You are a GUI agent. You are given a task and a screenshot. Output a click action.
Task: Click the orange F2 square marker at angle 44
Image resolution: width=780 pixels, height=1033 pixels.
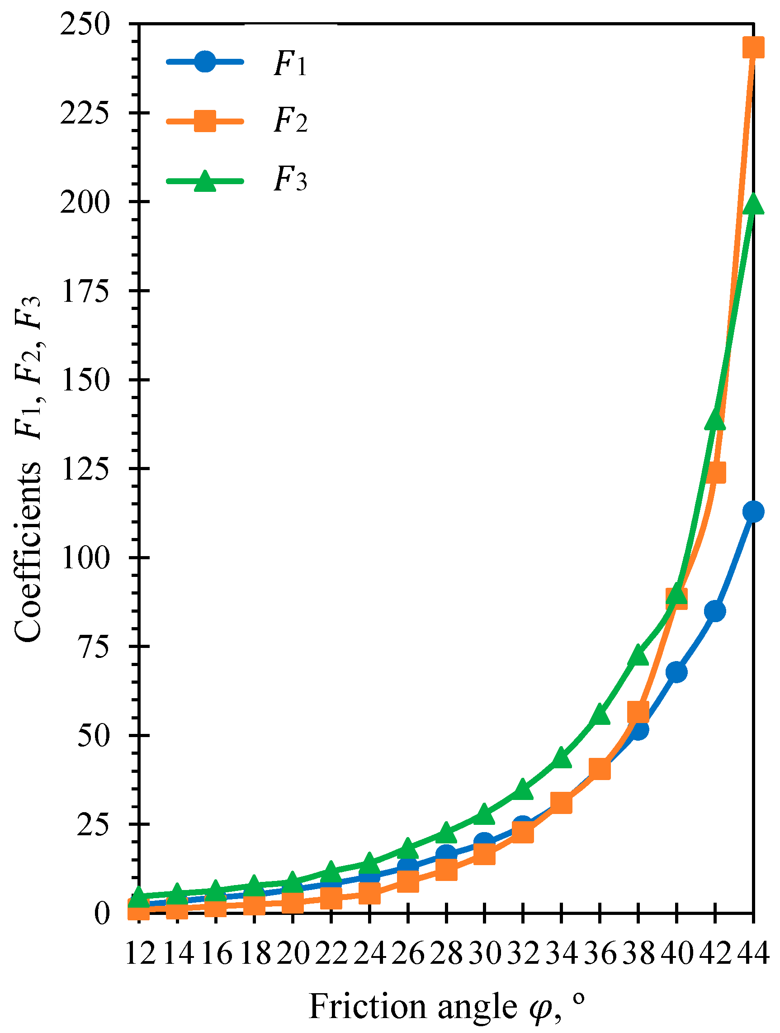tap(752, 48)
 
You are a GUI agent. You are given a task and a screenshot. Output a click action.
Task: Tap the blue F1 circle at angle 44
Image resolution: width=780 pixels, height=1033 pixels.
tap(752, 511)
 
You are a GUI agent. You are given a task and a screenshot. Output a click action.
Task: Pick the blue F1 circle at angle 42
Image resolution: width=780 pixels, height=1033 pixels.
tap(714, 611)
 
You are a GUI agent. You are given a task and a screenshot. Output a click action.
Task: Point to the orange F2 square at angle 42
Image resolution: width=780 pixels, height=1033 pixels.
tap(714, 472)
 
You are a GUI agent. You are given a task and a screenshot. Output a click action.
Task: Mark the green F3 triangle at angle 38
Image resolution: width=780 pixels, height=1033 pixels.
tap(638, 656)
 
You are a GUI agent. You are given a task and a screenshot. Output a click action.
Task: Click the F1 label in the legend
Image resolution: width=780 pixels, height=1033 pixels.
tap(290, 64)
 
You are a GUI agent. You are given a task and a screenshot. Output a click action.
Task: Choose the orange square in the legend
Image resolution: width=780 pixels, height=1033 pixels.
tap(204, 121)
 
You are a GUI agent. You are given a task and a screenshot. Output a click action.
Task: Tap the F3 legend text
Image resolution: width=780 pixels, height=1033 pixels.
tap(290, 180)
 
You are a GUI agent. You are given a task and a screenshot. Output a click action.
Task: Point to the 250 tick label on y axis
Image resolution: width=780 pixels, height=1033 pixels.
tap(85, 24)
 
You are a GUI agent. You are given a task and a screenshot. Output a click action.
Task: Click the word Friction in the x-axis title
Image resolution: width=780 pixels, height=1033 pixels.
tap(367, 1006)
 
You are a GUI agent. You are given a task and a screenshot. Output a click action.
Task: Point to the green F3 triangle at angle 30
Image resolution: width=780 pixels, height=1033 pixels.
tap(485, 815)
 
